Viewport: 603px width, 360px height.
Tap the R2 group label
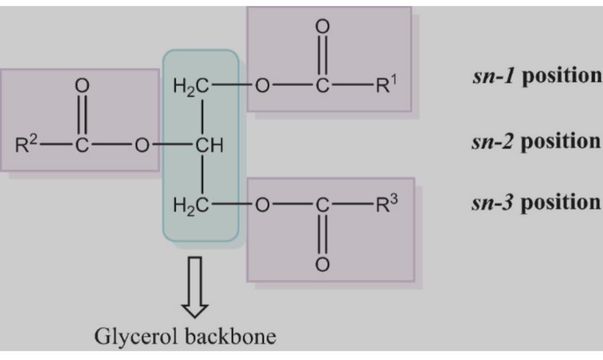tap(26, 144)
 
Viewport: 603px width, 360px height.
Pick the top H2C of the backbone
tap(191, 86)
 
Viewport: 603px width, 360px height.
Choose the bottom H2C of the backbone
tap(191, 206)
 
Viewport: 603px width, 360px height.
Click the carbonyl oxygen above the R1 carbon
tap(322, 27)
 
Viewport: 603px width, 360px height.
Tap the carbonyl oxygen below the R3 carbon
tap(322, 265)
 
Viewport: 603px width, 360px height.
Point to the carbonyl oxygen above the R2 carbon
tap(81, 86)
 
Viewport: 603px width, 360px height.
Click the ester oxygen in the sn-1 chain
tap(262, 86)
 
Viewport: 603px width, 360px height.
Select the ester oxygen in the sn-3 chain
tap(262, 206)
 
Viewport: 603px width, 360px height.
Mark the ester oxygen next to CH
tap(142, 145)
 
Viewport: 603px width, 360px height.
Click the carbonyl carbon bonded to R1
tap(322, 86)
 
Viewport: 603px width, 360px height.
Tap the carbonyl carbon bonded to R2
tap(81, 145)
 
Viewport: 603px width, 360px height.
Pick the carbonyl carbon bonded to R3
tap(322, 206)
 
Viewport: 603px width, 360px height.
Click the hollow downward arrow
tap(195, 287)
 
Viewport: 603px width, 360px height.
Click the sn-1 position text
tap(537, 75)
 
